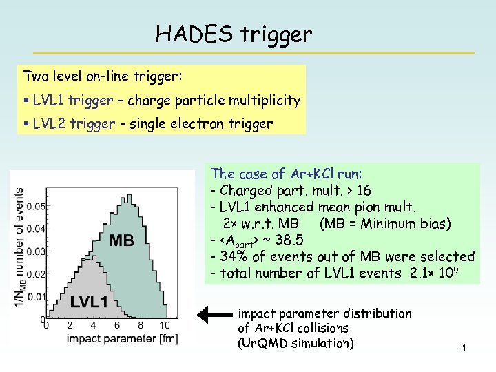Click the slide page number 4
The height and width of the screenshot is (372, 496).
point(464,347)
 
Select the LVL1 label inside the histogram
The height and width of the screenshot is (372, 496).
point(88,302)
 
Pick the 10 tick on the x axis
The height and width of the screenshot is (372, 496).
point(164,325)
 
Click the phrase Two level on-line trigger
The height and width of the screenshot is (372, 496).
point(103,74)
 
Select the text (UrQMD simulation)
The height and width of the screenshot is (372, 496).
point(296,343)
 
